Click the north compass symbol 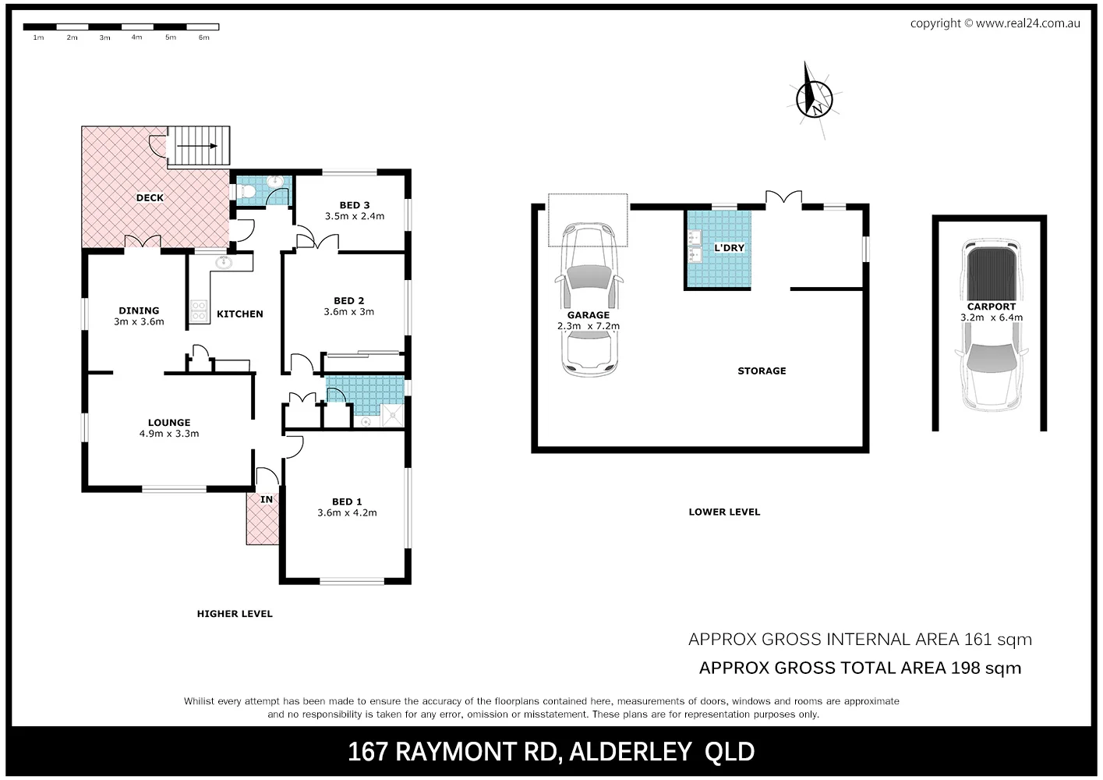(x=815, y=98)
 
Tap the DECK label (x=150, y=198)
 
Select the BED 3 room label (x=355, y=205)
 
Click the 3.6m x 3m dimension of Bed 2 (x=348, y=312)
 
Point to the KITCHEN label (x=240, y=314)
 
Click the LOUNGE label (x=169, y=423)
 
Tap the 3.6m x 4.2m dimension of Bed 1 (x=347, y=513)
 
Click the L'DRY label (x=730, y=248)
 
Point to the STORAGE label (x=762, y=371)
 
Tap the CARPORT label (x=992, y=307)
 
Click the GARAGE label (x=589, y=315)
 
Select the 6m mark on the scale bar (x=203, y=37)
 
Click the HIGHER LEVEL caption (x=235, y=614)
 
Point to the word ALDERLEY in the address (x=631, y=752)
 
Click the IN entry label (x=267, y=500)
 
